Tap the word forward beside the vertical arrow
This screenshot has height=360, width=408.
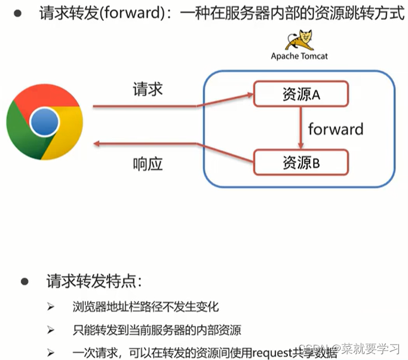click(x=335, y=129)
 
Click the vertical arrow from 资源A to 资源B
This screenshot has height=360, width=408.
click(x=300, y=128)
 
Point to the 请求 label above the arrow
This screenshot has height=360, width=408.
click(x=148, y=90)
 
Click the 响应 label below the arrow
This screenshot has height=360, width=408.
click(x=148, y=164)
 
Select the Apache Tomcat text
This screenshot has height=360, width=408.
click(x=299, y=56)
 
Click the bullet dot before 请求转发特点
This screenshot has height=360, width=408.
click(x=25, y=281)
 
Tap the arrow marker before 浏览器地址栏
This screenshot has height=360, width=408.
click(x=50, y=307)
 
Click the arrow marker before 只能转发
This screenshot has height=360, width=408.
click(x=50, y=330)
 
